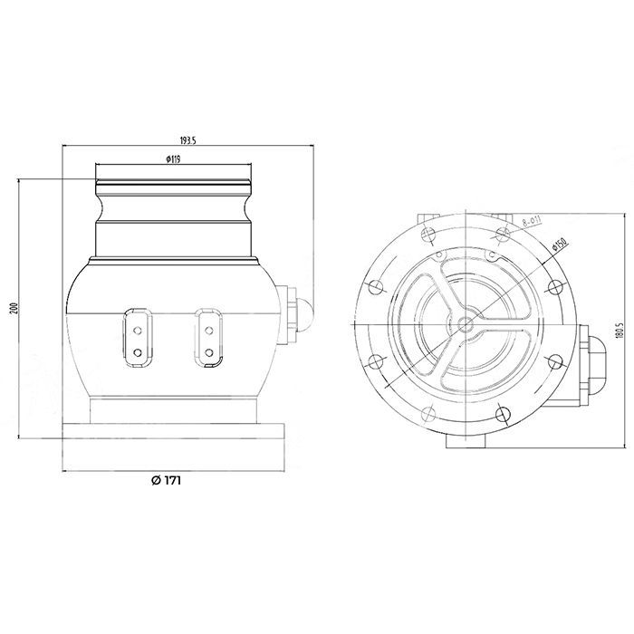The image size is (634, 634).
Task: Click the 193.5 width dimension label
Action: [187, 141]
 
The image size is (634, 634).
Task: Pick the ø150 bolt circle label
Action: [559, 246]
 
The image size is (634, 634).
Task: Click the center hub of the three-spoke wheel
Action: [466, 323]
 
